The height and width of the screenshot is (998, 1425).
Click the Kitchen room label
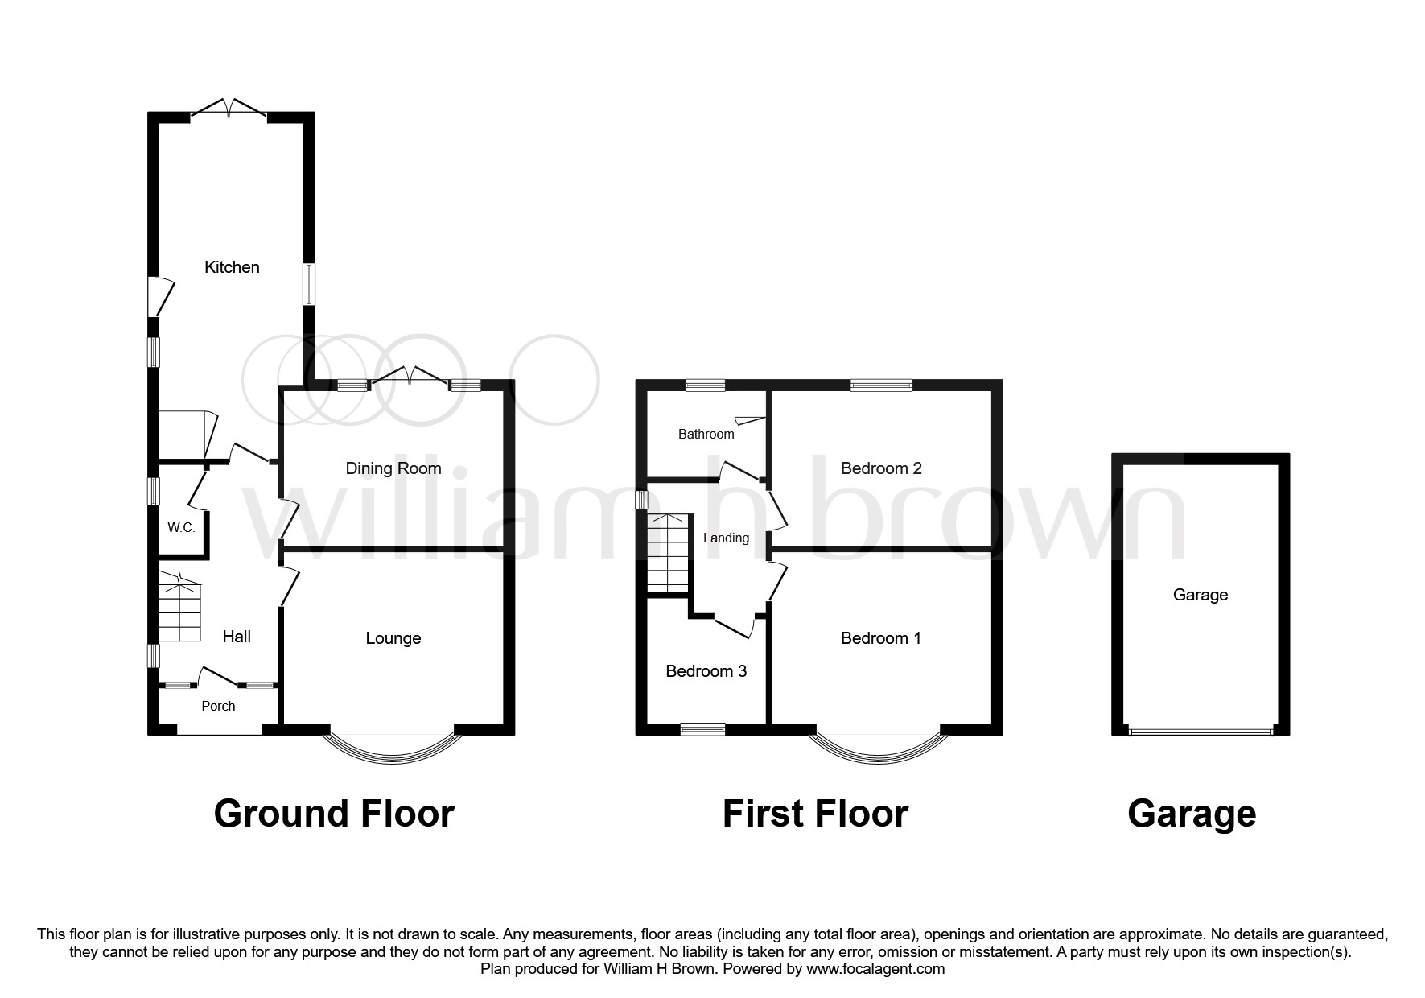[x=232, y=267]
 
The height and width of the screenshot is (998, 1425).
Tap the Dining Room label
[x=393, y=468]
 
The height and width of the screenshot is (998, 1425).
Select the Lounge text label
[x=393, y=638]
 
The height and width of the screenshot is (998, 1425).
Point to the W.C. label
[x=181, y=528]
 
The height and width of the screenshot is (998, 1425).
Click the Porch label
[x=218, y=706]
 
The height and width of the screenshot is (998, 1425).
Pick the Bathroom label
[x=706, y=435]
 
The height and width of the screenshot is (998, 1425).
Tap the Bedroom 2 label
[x=881, y=468]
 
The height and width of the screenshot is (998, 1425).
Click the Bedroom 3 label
[x=706, y=671]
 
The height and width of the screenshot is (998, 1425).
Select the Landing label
[x=726, y=538]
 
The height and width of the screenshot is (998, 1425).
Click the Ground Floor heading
[x=334, y=814]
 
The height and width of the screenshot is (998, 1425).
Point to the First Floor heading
[x=815, y=814]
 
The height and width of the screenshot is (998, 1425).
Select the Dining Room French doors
[x=409, y=377]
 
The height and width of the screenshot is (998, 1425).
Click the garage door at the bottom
[x=1201, y=732]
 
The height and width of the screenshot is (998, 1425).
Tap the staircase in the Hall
[x=179, y=608]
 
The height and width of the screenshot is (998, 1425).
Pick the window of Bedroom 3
[x=702, y=729]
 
